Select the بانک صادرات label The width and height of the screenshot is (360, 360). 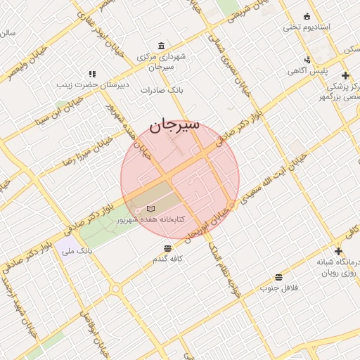point(161,90)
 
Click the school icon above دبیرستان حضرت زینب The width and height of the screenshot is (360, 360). point(91,73)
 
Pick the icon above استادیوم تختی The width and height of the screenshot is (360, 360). point(307,16)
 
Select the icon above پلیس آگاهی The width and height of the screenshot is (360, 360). point(307,60)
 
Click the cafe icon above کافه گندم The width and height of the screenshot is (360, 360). point(167,248)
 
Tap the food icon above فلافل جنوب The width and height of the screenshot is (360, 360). point(279,277)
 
